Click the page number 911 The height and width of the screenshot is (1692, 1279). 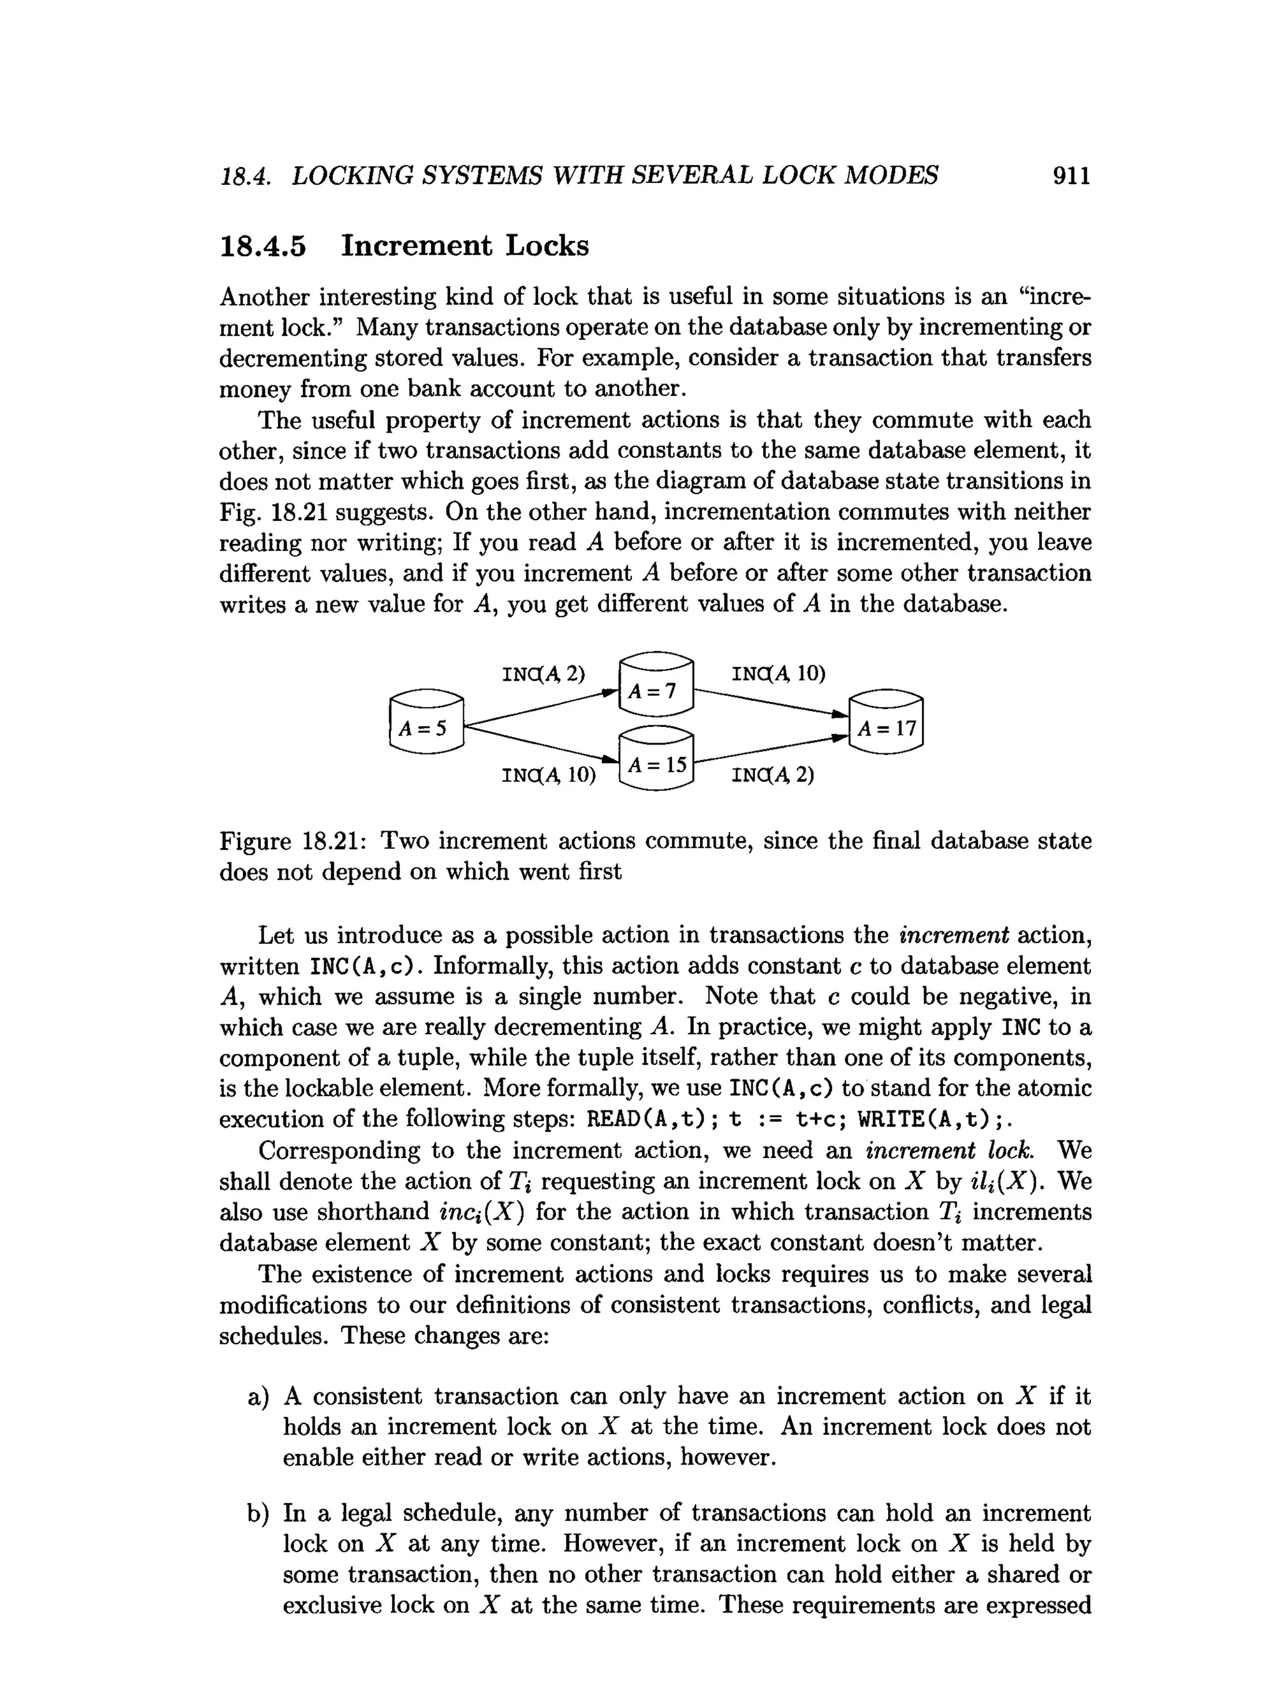point(1070,176)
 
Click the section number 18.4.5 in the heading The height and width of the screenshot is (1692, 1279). point(262,246)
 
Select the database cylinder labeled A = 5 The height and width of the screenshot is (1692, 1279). point(426,722)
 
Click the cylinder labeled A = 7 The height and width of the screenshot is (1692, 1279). point(656,685)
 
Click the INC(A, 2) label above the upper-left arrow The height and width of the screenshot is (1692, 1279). point(543,674)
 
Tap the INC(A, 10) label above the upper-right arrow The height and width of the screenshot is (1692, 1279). point(779,674)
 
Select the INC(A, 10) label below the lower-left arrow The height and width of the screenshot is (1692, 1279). point(548,775)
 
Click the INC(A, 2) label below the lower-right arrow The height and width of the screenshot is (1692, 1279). point(773,775)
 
